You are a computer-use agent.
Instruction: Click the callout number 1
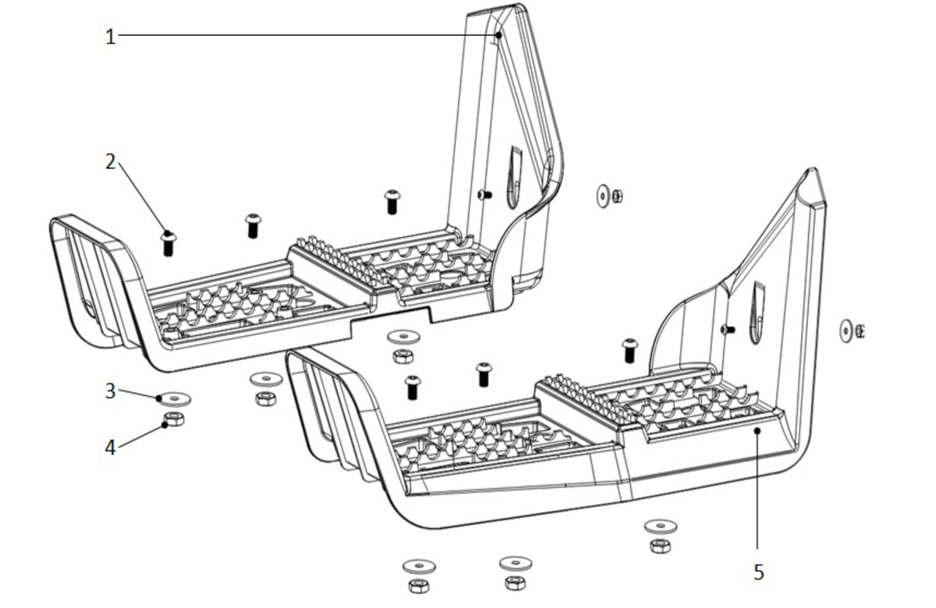coord(110,37)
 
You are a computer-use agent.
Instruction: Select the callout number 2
coord(110,161)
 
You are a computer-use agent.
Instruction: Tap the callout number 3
coord(110,391)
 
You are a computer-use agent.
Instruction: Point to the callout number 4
coord(110,447)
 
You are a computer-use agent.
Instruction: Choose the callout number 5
coord(759,572)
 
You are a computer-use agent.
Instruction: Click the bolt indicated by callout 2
coord(168,244)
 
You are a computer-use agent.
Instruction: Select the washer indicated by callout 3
coord(174,399)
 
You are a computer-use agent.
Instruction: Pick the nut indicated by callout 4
coord(174,419)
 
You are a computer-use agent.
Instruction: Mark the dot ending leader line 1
coord(498,36)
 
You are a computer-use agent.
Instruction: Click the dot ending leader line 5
coord(757,430)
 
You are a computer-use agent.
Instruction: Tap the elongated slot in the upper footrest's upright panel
coord(514,178)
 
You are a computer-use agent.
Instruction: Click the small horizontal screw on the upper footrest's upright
coord(484,194)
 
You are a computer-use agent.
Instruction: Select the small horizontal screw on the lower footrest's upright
coord(728,330)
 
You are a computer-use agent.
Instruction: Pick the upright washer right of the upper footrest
coord(602,196)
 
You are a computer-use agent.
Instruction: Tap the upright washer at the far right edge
coord(846,331)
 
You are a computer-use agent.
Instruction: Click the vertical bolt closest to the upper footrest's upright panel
coord(392,202)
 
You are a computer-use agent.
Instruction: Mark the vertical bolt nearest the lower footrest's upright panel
coord(629,351)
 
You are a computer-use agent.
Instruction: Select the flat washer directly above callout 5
coord(661,527)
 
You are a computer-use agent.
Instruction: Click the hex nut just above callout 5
coord(660,546)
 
